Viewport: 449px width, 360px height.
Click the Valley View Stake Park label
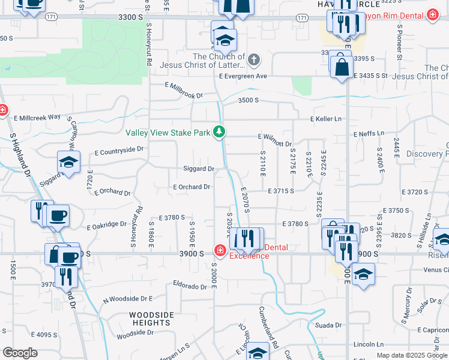click(169, 133)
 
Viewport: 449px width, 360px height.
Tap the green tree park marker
click(220, 131)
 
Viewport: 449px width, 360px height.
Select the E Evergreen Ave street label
click(243, 76)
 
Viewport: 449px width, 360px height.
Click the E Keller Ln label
click(325, 119)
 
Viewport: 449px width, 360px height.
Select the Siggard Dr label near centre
click(199, 169)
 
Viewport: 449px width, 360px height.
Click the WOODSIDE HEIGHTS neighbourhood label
click(152, 319)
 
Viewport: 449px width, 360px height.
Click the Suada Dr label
click(328, 325)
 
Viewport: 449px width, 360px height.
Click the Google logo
click(20, 353)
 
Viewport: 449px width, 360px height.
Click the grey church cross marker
click(254, 59)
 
